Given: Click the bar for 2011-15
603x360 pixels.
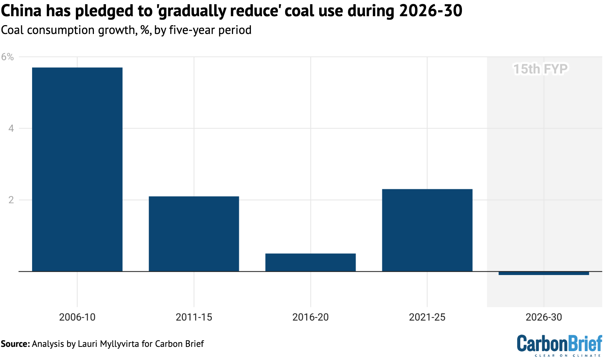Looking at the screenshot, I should point(194,234).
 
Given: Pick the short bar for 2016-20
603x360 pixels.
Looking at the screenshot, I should point(310,262).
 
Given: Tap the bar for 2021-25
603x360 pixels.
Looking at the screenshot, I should point(427,230).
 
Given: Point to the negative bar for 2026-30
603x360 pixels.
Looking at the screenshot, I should point(543,273).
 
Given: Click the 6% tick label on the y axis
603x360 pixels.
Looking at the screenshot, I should point(8,57).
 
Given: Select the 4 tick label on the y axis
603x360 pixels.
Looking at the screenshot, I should point(11,128).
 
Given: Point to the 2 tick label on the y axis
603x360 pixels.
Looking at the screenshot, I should point(11,200).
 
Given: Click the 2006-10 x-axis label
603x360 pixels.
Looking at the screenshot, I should point(77,318).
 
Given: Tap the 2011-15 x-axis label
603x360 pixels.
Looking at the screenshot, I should point(194,318).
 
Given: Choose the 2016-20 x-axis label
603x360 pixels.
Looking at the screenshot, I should point(310,318).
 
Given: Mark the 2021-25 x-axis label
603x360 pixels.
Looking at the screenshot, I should point(427,318).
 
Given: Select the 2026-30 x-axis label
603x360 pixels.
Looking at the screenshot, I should point(543,318).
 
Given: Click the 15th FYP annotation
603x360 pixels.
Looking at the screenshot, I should point(540,69).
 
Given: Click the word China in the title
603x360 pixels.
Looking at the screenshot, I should point(21,12).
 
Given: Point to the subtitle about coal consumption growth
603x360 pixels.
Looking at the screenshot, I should point(126,30).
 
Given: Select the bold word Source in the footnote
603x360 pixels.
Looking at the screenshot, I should point(15,344).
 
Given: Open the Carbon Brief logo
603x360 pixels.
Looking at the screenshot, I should point(559,345).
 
